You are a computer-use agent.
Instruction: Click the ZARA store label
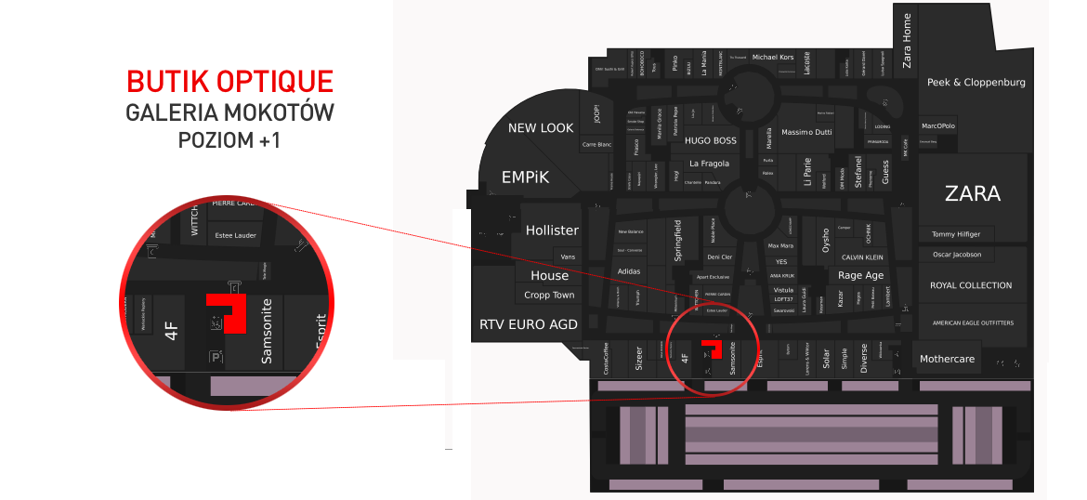(972, 194)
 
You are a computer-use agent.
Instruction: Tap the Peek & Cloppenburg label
(976, 83)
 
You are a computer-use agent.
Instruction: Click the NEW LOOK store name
(541, 128)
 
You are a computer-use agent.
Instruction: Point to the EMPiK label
(526, 177)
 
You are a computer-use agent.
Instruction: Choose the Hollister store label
(552, 230)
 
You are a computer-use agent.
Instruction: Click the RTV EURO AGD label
(528, 325)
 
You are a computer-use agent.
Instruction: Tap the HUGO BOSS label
(710, 141)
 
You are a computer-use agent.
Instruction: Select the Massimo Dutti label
(806, 133)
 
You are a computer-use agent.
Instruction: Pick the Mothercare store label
(948, 359)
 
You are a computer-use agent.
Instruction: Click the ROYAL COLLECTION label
(971, 285)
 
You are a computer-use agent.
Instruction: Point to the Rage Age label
(861, 275)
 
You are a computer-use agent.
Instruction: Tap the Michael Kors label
(773, 57)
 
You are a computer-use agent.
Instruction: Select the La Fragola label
(709, 164)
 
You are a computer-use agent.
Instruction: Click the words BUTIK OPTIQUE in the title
(229, 82)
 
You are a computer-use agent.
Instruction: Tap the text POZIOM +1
(229, 141)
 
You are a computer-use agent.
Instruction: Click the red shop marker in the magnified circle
(229, 309)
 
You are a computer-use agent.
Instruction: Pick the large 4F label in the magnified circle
(171, 330)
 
